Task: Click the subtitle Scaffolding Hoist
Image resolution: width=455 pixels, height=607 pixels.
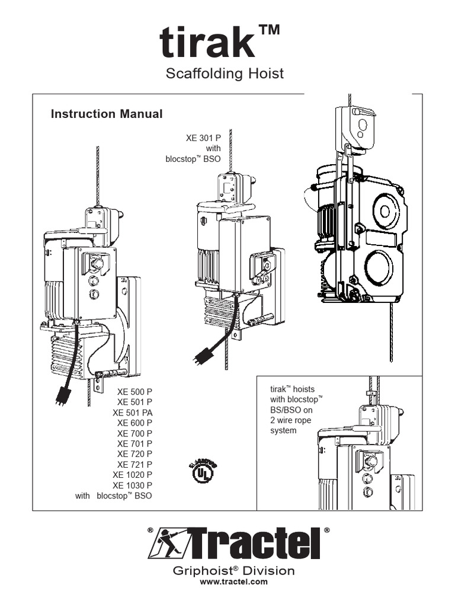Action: pos(224,74)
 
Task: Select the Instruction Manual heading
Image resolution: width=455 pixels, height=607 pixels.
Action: pos(107,114)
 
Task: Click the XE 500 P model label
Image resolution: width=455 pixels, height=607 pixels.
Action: pos(134,392)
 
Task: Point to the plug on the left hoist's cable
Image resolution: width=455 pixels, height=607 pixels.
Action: pos(61,395)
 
